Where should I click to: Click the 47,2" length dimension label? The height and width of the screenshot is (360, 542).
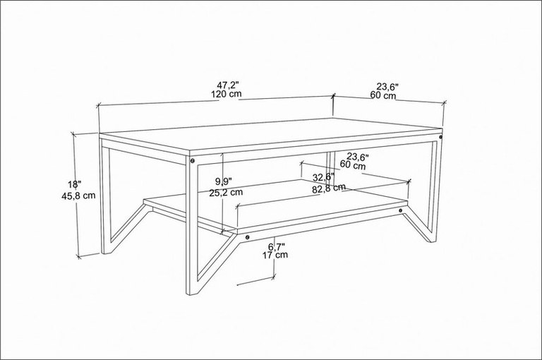tap(228, 85)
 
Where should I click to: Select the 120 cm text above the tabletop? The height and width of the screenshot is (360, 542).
tap(226, 94)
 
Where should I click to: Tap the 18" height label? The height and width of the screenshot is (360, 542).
tap(75, 185)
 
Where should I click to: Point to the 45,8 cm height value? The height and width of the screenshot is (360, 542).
tap(78, 196)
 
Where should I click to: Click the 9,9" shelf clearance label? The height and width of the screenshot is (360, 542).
tap(223, 181)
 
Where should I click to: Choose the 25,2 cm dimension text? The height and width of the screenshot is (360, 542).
tap(226, 193)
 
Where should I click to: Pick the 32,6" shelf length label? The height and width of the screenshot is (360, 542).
tap(323, 177)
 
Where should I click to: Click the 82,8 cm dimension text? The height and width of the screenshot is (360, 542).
tap(328, 188)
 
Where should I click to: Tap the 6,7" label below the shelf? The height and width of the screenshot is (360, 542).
tap(277, 246)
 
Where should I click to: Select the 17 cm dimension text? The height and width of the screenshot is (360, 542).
tap(275, 256)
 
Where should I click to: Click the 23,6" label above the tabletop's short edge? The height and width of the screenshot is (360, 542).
tap(387, 86)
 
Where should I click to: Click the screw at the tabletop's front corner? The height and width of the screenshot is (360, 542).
tap(192, 160)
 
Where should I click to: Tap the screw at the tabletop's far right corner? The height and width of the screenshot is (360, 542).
tap(440, 137)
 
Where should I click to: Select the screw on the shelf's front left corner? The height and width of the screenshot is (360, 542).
tap(247, 237)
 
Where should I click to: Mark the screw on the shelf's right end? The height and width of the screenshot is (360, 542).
tap(400, 210)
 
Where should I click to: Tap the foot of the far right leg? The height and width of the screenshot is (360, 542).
tap(432, 240)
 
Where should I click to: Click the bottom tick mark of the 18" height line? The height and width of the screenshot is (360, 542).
tap(79, 257)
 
